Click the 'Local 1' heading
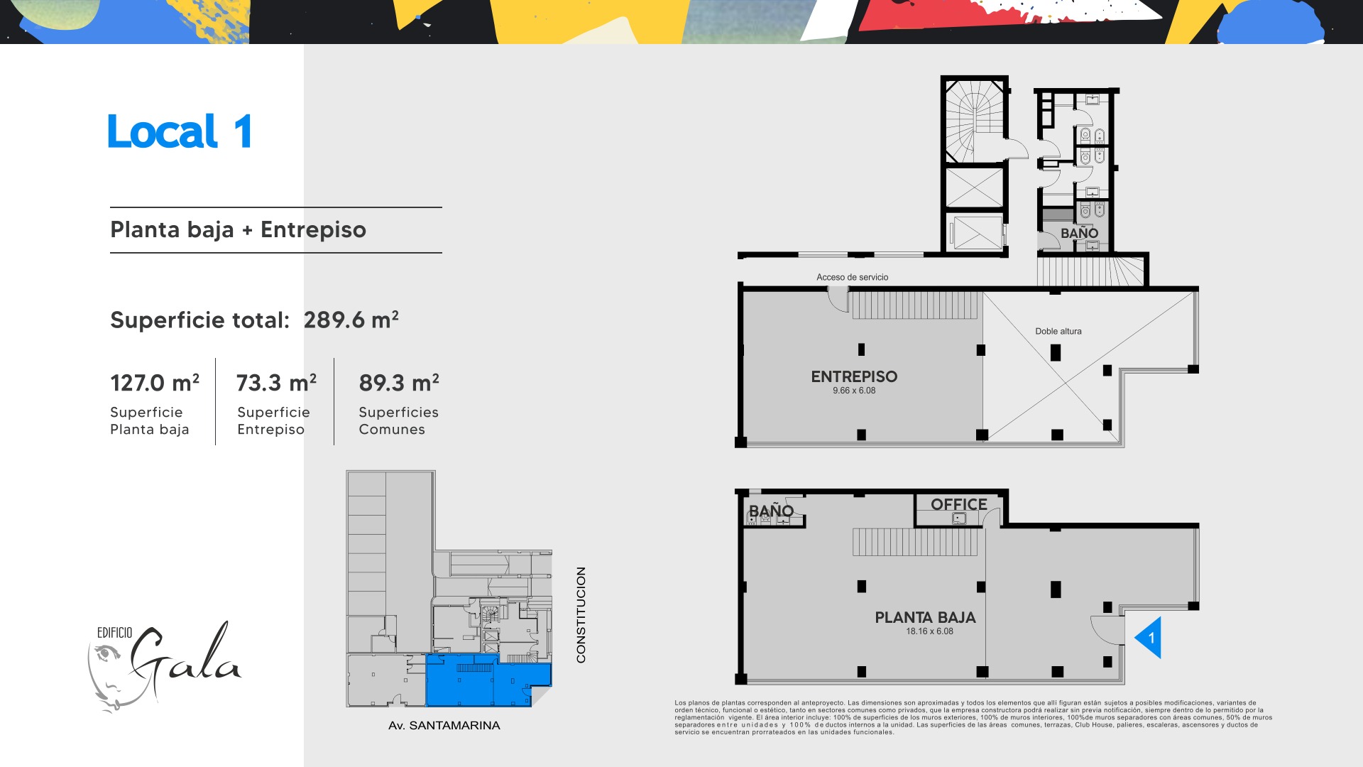tap(180, 131)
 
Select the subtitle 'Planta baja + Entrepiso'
tap(238, 230)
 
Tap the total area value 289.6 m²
tap(351, 320)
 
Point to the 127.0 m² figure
tap(155, 383)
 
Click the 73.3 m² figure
tap(276, 383)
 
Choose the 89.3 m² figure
tap(399, 383)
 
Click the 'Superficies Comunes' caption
tap(398, 420)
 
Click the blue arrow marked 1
tap(1147, 638)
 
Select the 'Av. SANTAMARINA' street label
tap(444, 725)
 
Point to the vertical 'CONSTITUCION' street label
tap(581, 615)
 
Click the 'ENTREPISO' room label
tap(854, 376)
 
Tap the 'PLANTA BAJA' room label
tap(925, 618)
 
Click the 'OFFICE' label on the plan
tap(959, 504)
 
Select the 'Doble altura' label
tap(1058, 331)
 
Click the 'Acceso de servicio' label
tap(852, 277)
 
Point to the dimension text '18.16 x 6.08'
tap(929, 631)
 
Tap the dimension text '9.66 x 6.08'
tap(854, 391)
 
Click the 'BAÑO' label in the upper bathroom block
tap(1079, 233)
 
